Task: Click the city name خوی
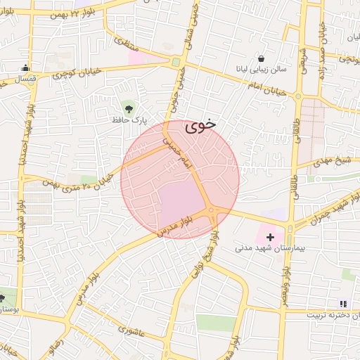pyautogui.click(x=201, y=127)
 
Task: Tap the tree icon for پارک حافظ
pyautogui.click(x=129, y=107)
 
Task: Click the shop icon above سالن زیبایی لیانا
pyautogui.click(x=262, y=59)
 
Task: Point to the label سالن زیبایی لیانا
pyautogui.click(x=262, y=70)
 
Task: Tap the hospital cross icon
pyautogui.click(x=270, y=238)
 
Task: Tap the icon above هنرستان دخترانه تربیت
pyautogui.click(x=343, y=304)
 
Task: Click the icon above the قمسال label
pyautogui.click(x=26, y=68)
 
